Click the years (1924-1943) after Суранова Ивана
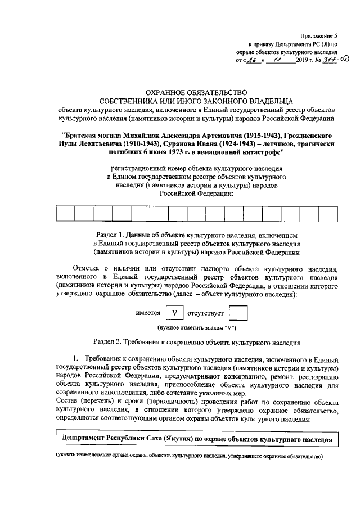tap(239, 145)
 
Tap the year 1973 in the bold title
tap(168, 153)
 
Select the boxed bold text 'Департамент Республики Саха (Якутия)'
tap(127, 438)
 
